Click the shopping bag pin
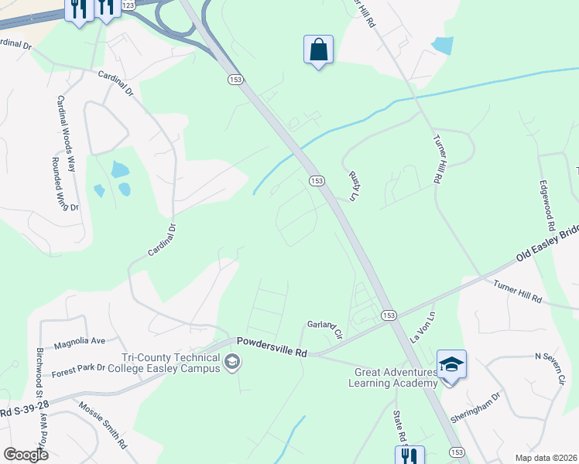point(318,50)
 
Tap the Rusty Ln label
point(355,186)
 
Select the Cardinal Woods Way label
point(66,133)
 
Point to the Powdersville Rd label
point(272,346)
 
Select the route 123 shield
point(128,5)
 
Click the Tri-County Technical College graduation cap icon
point(231,362)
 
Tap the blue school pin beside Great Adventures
point(451,364)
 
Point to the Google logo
point(25,455)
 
